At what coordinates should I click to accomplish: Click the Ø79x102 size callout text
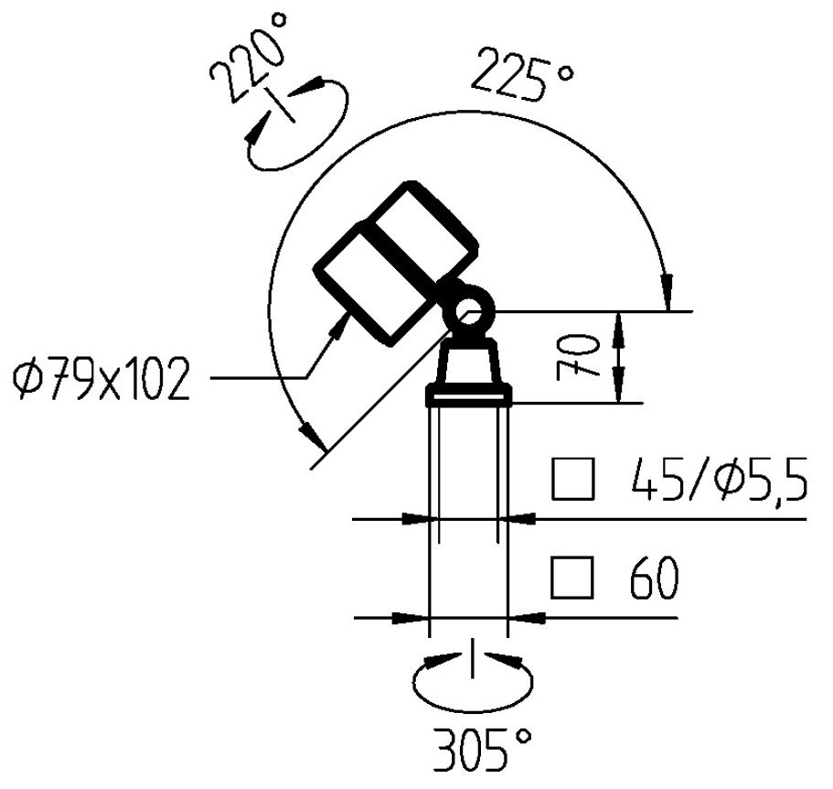click(x=101, y=379)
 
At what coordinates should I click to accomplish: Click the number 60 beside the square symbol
click(x=654, y=578)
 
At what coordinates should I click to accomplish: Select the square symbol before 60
click(x=573, y=578)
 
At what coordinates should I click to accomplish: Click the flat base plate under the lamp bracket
click(x=470, y=395)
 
